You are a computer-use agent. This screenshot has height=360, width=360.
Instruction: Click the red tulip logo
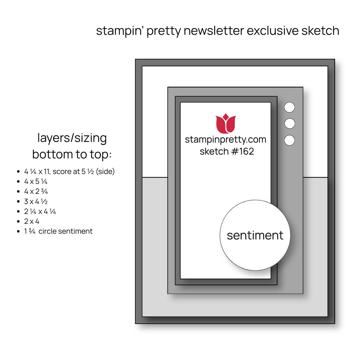(x=226, y=124)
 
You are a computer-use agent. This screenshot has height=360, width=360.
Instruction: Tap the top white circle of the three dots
(x=289, y=107)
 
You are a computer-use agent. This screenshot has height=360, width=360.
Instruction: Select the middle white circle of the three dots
(x=289, y=124)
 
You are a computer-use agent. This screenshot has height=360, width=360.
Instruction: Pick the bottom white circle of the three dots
(x=289, y=140)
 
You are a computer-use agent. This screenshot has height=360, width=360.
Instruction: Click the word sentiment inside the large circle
(x=255, y=235)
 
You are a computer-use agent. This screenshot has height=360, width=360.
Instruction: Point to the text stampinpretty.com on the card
(x=226, y=140)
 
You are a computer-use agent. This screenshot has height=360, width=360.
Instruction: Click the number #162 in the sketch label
(x=243, y=151)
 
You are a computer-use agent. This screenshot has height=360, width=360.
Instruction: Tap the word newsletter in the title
(x=214, y=31)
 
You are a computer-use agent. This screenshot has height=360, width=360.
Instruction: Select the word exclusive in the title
(x=273, y=31)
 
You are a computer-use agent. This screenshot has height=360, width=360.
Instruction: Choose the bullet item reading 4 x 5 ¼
(x=36, y=181)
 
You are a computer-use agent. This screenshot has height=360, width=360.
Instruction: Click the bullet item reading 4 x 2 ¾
(x=36, y=191)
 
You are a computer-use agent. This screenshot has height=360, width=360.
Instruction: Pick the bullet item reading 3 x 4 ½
(x=36, y=201)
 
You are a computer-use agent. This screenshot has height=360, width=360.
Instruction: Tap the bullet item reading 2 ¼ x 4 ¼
(x=40, y=211)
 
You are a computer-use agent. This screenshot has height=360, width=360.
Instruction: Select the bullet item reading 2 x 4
(x=31, y=221)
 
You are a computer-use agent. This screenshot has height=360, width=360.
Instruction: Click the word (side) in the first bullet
(x=105, y=172)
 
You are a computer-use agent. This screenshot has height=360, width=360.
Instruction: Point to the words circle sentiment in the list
(x=66, y=231)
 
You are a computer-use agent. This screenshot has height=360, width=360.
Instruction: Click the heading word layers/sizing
(x=72, y=138)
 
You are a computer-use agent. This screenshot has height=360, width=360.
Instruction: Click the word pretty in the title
(x=164, y=31)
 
